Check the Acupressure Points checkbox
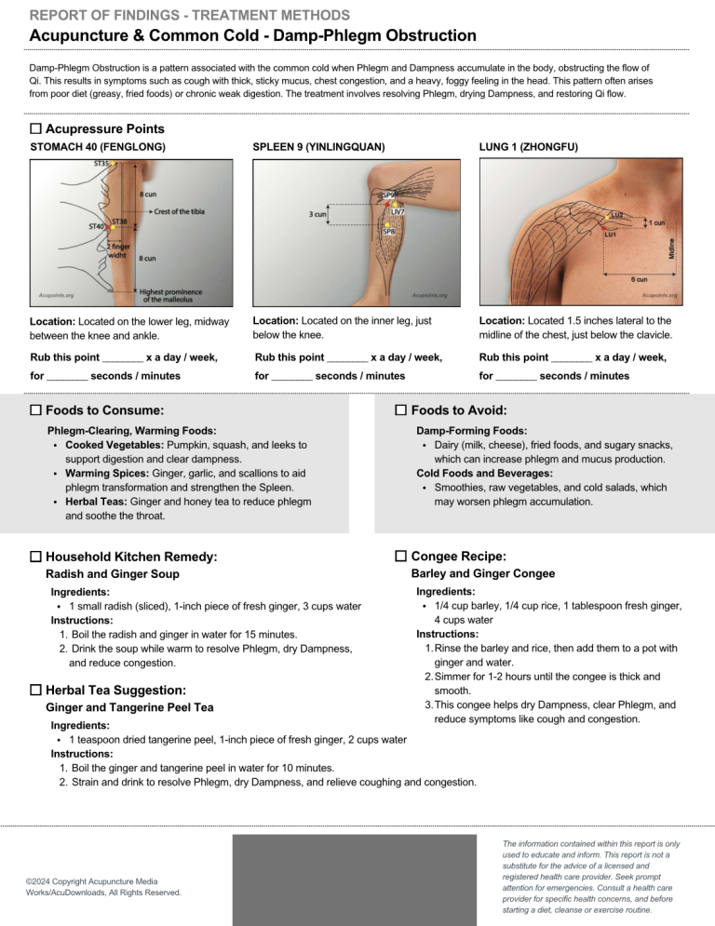[36, 128]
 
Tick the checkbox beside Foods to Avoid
[401, 410]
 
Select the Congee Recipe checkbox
[401, 556]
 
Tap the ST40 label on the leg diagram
[97, 226]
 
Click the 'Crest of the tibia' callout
[180, 211]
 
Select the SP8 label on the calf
[388, 230]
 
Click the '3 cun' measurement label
[317, 214]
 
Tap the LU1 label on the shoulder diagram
[611, 235]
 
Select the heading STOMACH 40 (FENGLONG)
[99, 147]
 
